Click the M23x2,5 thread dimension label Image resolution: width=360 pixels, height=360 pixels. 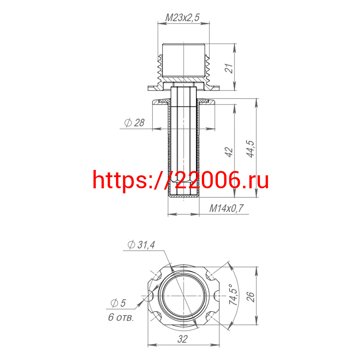pyautogui.click(x=183, y=17)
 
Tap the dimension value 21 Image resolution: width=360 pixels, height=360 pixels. pyautogui.click(x=229, y=68)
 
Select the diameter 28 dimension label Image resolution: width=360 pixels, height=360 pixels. pyautogui.click(x=134, y=123)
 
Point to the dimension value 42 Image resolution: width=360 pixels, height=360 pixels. pyautogui.click(x=229, y=152)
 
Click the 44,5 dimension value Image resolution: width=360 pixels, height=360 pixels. pyautogui.click(x=251, y=149)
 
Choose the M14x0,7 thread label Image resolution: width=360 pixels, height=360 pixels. pyautogui.click(x=226, y=208)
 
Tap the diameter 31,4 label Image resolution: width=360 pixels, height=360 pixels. pyautogui.click(x=141, y=245)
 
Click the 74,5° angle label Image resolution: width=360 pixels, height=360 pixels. pyautogui.click(x=234, y=294)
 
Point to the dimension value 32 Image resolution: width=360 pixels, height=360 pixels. pyautogui.click(x=183, y=339)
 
